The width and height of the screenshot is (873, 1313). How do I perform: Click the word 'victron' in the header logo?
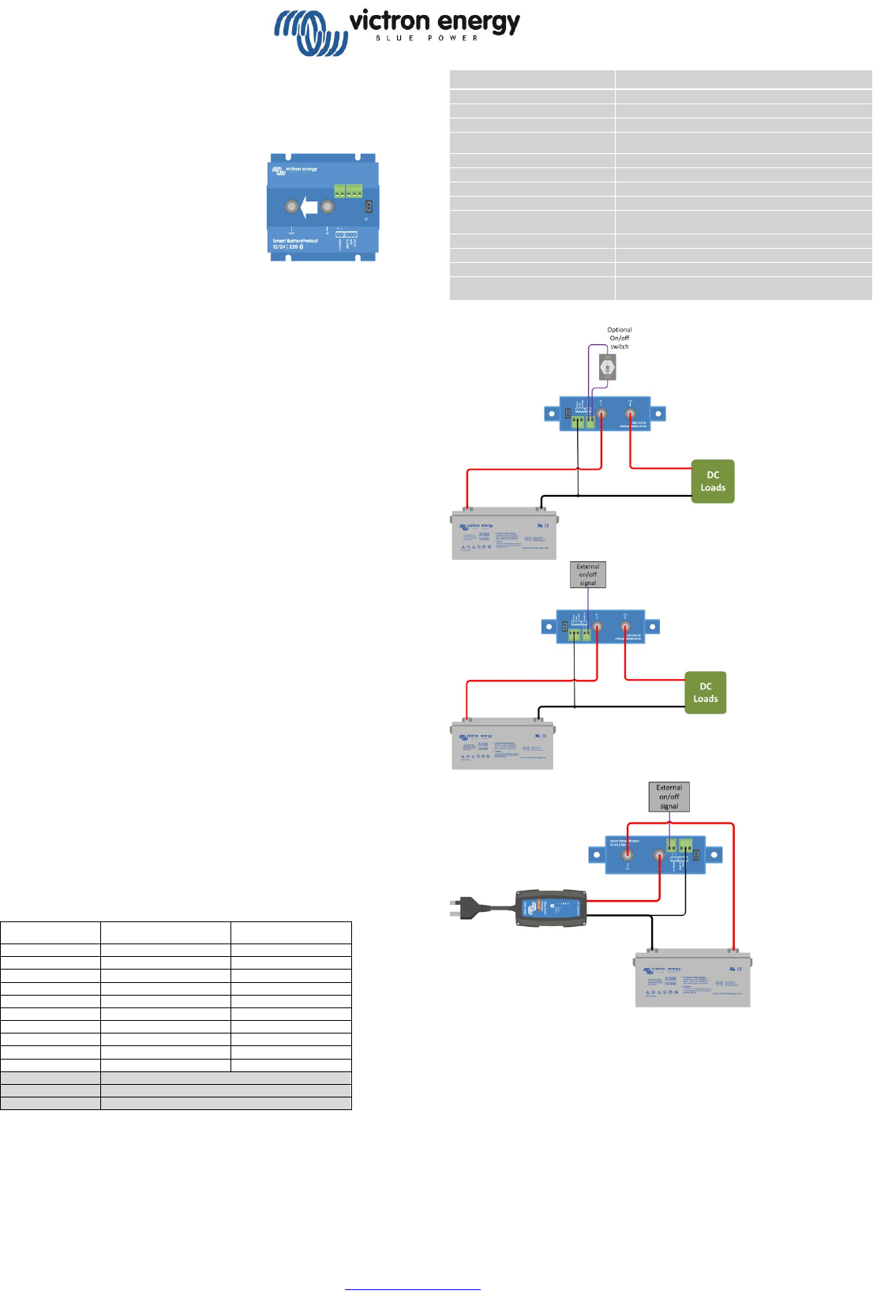pyautogui.click(x=389, y=21)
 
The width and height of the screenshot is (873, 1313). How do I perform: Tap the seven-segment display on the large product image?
pyautogui.click(x=369, y=207)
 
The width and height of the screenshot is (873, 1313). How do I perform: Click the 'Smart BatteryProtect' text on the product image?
pyautogui.click(x=295, y=241)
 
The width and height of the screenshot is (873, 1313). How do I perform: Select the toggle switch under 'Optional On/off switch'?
pyautogui.click(x=607, y=366)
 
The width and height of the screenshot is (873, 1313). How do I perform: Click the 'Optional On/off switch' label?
pyautogui.click(x=620, y=338)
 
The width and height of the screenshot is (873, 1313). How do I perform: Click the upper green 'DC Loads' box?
pyautogui.click(x=713, y=482)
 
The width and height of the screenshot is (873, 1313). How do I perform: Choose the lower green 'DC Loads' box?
pyautogui.click(x=706, y=692)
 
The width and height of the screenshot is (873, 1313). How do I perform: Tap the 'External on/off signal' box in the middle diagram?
pyautogui.click(x=588, y=575)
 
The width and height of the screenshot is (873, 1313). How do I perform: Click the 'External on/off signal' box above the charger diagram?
pyautogui.click(x=669, y=797)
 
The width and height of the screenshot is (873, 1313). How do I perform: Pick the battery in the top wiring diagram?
pyautogui.click(x=504, y=535)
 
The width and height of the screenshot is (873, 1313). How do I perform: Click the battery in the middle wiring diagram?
pyautogui.click(x=503, y=745)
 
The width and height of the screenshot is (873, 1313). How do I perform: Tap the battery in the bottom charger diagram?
pyautogui.click(x=693, y=979)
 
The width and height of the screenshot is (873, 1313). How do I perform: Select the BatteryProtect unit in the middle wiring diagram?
pyautogui.click(x=601, y=627)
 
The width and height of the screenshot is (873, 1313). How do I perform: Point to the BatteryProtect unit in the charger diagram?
pyautogui.click(x=655, y=855)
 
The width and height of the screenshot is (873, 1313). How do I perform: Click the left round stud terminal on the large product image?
pyautogui.click(x=291, y=207)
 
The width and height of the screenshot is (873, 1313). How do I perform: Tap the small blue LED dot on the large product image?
pyautogui.click(x=365, y=219)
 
